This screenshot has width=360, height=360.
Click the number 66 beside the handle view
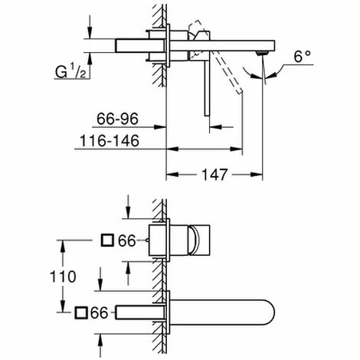click(127, 241)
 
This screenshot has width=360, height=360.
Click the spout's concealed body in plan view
click(138, 313)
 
